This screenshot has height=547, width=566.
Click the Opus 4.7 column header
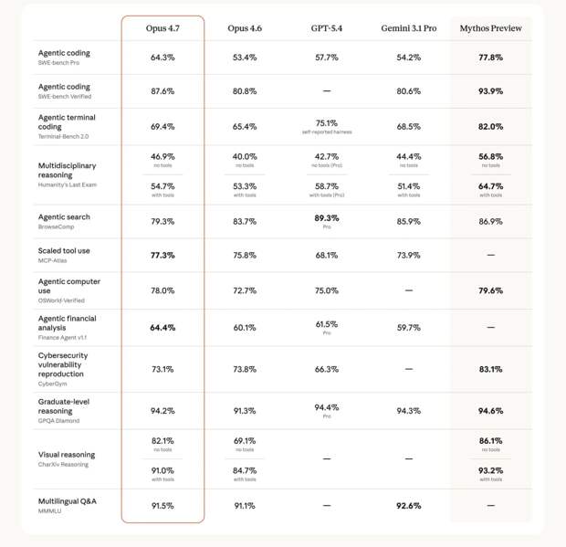[x=162, y=29]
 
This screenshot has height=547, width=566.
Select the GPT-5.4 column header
[x=327, y=29]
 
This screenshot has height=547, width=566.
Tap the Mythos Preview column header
[x=491, y=29]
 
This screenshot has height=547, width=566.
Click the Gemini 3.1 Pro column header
[x=408, y=29]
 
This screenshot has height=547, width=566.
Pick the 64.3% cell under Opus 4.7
[x=162, y=58]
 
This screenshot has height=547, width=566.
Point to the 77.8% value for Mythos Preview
[x=491, y=58]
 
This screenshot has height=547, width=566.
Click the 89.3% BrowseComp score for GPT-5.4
[x=327, y=218]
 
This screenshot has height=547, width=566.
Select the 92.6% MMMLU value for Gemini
[x=408, y=505]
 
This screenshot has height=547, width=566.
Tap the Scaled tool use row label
[x=64, y=250]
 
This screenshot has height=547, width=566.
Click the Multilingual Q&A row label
[x=67, y=501]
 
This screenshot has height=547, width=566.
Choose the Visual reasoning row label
[x=67, y=454]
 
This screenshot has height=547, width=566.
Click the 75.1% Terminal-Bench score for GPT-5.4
[x=327, y=123]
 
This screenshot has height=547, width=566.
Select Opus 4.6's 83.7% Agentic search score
[x=245, y=222]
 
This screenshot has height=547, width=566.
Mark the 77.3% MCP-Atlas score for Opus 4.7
[x=162, y=256]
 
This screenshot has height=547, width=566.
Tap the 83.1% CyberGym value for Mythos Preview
[x=491, y=369]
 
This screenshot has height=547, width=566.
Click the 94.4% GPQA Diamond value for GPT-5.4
[x=327, y=407]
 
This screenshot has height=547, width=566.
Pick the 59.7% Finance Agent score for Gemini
[x=408, y=328]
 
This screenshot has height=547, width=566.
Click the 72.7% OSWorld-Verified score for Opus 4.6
[x=245, y=290]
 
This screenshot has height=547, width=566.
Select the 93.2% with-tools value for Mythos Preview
[x=491, y=470]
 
